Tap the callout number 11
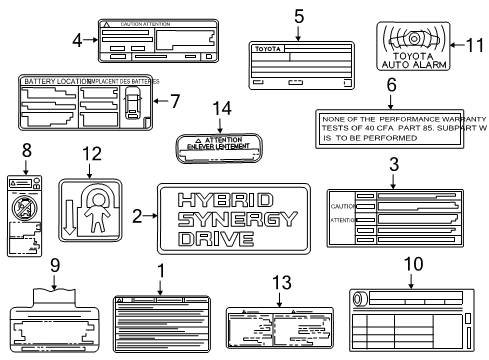pyautogui.click(x=476, y=45)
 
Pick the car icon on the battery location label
pyautogui.click(x=132, y=101)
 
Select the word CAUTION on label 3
pyautogui.click(x=342, y=205)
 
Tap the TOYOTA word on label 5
pyautogui.click(x=267, y=49)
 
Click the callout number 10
pyautogui.click(x=409, y=266)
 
